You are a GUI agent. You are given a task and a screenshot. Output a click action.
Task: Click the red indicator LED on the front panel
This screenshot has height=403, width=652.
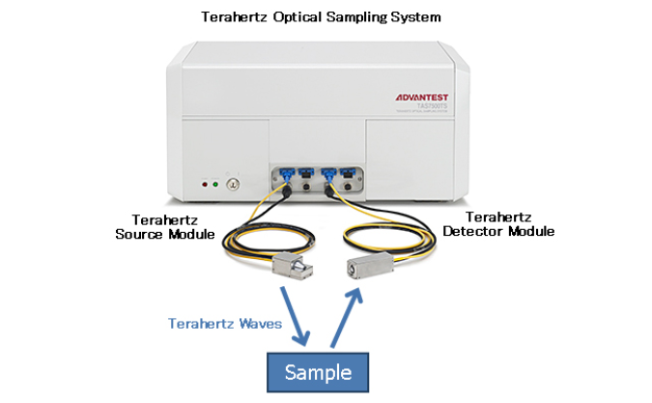coord(204,182)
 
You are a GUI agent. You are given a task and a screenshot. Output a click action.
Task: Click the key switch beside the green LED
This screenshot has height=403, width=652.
coord(232,182)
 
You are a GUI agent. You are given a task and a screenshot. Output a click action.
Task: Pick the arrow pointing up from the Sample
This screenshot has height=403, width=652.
coord(348,312)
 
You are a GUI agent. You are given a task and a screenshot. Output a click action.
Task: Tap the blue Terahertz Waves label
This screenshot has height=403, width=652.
coord(225,324)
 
